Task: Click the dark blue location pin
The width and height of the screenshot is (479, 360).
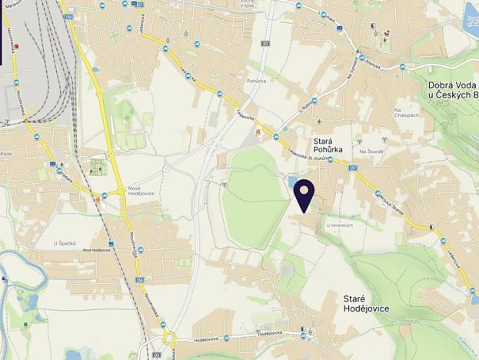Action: click(306, 194)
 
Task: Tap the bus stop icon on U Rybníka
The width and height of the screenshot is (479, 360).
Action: click(314, 120)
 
